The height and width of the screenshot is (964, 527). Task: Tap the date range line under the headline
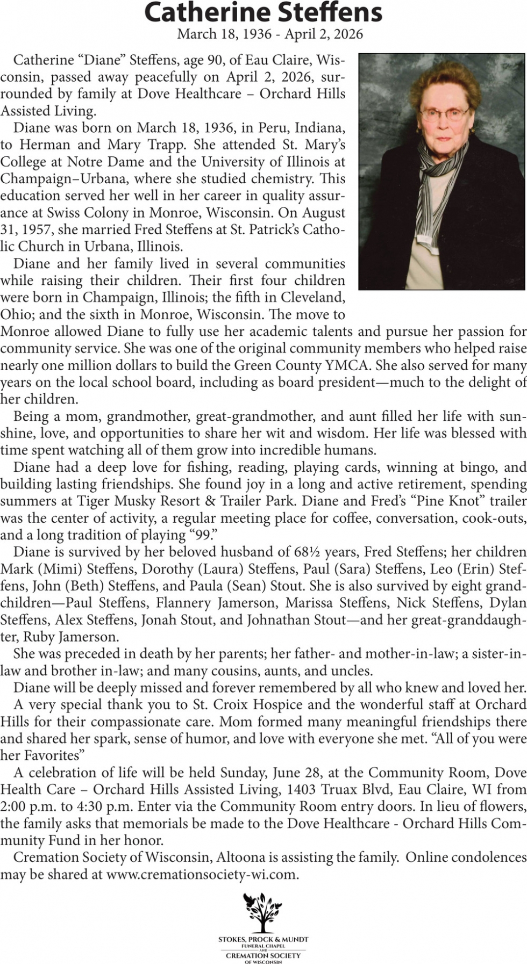270,34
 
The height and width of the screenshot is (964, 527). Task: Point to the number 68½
308,552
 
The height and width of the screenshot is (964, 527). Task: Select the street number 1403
302,790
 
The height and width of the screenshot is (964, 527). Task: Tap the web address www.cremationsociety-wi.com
202,875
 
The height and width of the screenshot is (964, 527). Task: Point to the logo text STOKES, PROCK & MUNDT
263,939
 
